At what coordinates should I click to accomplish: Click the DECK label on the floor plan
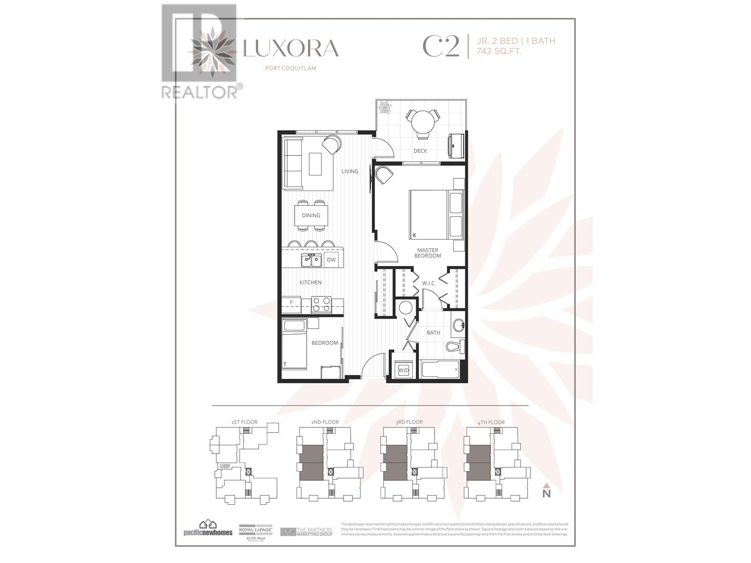420,151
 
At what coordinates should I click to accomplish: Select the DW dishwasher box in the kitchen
331,260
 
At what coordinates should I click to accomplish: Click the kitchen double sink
311,260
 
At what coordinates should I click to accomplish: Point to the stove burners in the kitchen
322,305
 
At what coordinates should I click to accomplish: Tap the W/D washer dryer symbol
404,370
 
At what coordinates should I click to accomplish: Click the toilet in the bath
454,347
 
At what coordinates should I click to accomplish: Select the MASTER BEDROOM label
428,253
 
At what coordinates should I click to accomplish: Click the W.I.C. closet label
429,283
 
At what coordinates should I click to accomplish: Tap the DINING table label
311,215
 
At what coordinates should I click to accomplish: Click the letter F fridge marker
291,303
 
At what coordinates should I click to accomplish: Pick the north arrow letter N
546,494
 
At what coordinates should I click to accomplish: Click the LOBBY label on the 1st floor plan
224,466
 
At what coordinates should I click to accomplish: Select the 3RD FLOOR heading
409,422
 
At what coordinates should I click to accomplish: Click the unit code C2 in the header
441,46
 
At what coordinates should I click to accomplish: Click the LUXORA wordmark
291,48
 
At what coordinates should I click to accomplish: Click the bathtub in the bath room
440,370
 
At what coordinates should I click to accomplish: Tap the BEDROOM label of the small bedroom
325,343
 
